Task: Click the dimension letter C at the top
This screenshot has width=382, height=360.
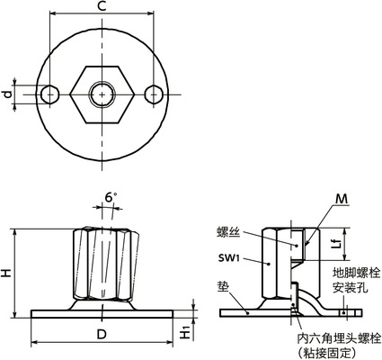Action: pos(102,7)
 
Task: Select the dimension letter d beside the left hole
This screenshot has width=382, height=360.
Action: pos(8,93)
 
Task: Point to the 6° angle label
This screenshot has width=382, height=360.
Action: pos(110,197)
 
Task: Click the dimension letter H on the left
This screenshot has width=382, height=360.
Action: pos(8,272)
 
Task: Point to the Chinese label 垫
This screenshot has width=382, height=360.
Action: pos(221,287)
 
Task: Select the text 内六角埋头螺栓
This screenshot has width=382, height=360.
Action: pos(339,337)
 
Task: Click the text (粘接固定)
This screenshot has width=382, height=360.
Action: pos(339,352)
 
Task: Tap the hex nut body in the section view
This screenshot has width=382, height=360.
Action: pos(280,261)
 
